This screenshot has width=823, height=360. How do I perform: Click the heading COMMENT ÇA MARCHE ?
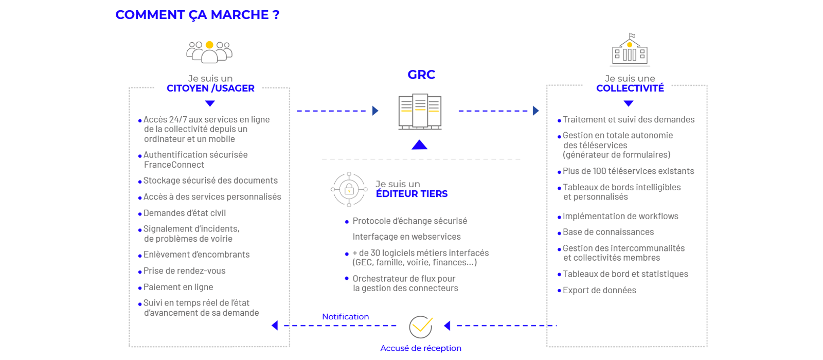197,15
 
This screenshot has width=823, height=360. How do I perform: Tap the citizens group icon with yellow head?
209,52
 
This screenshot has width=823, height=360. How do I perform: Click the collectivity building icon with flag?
630,50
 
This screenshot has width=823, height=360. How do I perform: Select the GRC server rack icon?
420,111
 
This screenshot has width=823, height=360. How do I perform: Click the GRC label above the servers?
421,75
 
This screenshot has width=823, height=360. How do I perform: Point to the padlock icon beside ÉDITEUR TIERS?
349,189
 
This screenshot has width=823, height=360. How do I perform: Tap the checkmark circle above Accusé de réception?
421,327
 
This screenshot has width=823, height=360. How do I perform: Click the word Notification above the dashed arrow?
345,317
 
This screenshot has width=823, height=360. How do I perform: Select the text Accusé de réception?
421,348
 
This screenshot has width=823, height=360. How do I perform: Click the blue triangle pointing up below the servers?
420,145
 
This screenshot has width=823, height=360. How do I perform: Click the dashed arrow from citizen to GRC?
337,111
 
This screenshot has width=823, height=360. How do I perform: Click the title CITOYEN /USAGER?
210,88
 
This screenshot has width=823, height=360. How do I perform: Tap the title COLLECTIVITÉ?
630,88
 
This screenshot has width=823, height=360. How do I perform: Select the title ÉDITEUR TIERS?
411,194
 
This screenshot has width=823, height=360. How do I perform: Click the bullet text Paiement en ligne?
178,287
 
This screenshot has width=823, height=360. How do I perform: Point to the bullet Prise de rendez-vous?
184,271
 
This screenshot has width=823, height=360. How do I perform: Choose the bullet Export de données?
599,290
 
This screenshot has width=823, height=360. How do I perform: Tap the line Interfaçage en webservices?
406,237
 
